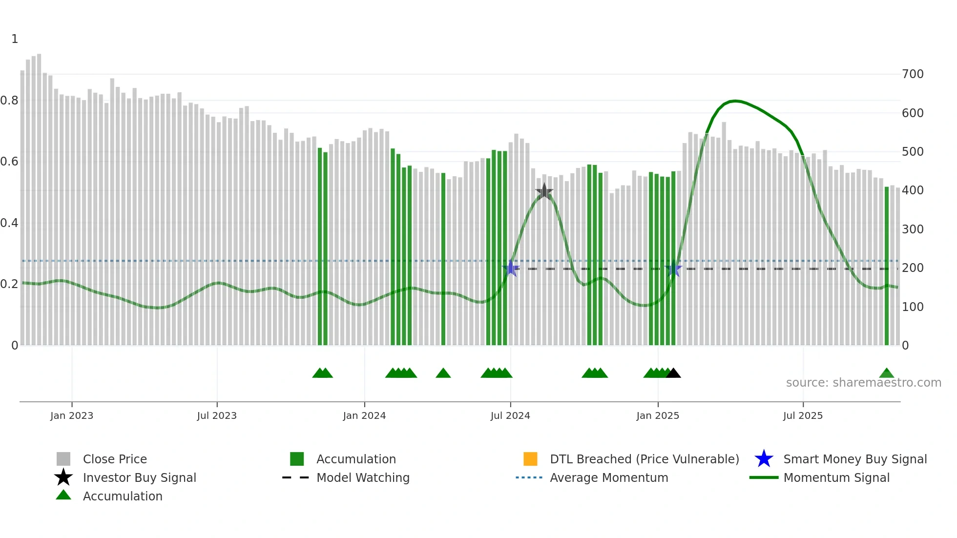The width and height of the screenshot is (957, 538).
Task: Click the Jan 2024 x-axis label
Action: click(364, 415)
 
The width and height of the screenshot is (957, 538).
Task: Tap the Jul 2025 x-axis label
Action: click(803, 415)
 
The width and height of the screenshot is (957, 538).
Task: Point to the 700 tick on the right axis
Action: click(913, 74)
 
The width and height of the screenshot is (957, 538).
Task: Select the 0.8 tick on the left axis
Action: click(9, 101)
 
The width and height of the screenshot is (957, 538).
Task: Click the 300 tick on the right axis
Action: click(913, 229)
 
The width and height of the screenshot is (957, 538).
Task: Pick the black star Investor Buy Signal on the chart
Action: click(544, 191)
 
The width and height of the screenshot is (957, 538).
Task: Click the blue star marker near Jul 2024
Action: click(511, 268)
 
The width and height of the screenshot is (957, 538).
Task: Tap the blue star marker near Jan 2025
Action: click(673, 269)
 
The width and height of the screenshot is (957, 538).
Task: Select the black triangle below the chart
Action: click(673, 373)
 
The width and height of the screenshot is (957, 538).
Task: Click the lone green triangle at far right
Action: click(887, 373)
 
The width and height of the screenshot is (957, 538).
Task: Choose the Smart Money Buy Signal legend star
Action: click(764, 459)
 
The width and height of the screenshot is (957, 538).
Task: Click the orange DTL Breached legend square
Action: click(530, 459)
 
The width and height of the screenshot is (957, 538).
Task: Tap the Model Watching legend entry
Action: click(362, 477)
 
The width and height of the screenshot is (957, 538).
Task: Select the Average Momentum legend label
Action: click(608, 477)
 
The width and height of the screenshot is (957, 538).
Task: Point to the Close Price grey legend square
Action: click(63, 459)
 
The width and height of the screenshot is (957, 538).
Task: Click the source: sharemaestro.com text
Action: click(863, 383)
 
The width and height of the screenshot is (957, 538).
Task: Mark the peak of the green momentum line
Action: click(735, 101)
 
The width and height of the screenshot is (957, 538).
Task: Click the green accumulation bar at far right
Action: click(887, 266)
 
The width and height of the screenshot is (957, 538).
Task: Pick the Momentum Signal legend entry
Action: click(836, 477)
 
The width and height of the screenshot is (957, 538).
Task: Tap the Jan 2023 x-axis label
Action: click(72, 415)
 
